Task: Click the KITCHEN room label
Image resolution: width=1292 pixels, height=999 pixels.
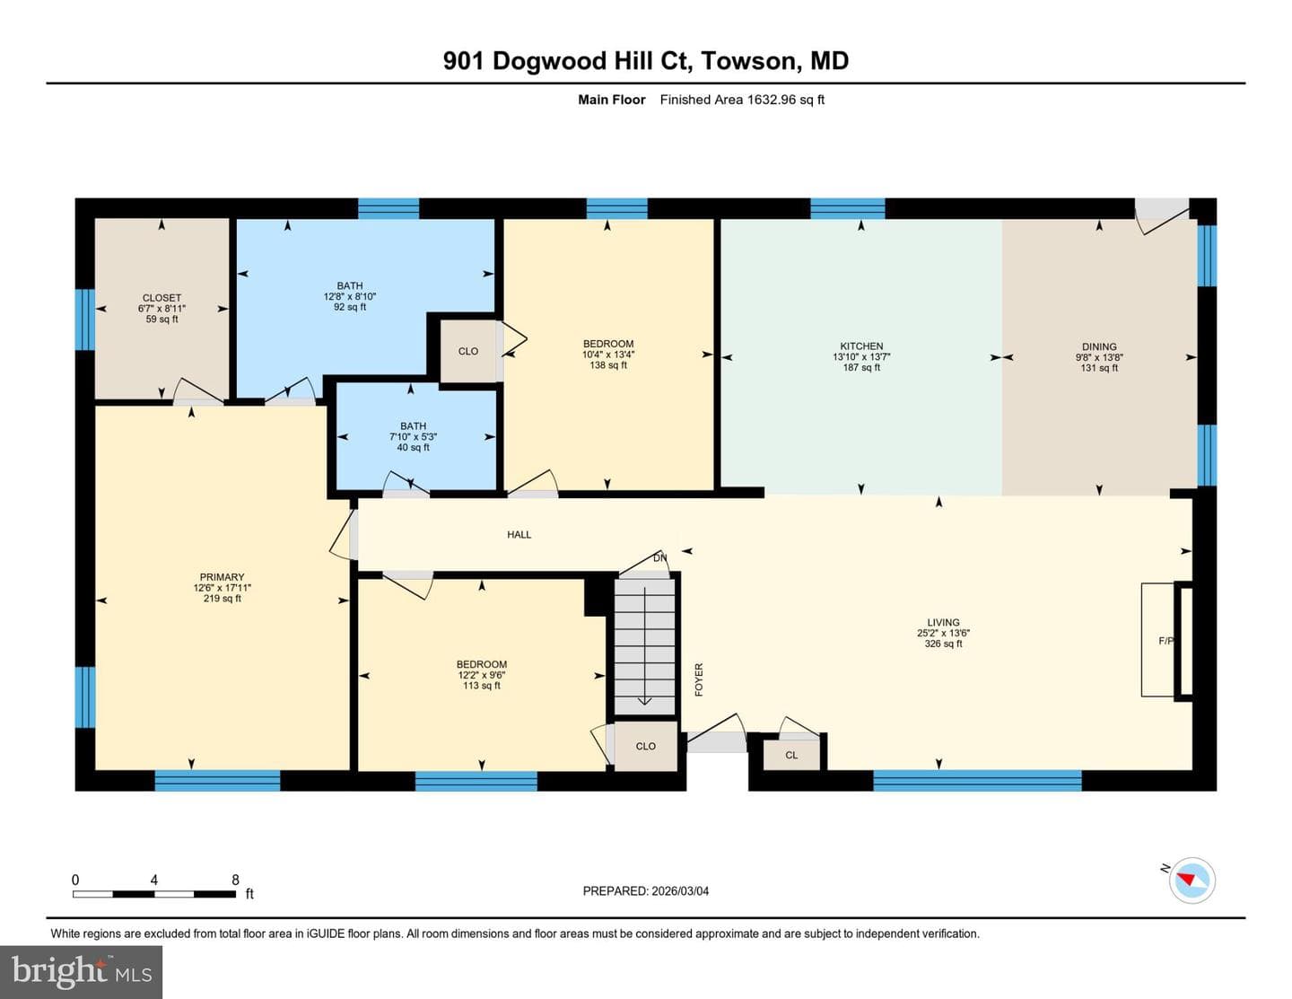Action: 861,346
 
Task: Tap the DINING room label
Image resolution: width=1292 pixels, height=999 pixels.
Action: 1099,346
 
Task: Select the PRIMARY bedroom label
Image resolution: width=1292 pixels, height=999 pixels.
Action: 222,577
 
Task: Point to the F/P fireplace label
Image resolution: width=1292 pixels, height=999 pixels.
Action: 1165,641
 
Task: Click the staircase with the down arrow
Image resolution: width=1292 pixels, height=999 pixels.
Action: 644,646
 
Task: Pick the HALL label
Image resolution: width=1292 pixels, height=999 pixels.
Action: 519,535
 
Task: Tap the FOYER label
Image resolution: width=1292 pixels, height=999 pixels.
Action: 699,679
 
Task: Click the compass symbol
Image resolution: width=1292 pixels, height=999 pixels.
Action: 1192,880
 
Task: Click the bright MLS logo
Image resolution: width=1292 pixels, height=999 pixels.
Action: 81,972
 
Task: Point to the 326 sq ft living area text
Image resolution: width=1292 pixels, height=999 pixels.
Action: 943,644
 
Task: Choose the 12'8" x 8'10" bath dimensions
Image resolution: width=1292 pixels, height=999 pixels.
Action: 350,297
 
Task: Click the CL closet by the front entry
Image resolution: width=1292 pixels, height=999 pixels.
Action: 790,755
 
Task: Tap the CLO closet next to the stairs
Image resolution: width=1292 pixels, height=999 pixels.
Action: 645,746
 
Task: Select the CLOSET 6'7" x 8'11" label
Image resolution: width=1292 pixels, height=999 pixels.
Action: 161,308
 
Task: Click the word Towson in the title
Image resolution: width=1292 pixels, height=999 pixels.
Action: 748,61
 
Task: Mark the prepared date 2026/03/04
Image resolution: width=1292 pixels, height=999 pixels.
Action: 680,891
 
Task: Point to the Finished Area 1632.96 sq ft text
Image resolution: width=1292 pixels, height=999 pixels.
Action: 742,100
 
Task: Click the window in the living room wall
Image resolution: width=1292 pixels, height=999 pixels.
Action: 977,780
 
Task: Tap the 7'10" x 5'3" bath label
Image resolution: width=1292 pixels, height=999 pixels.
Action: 414,437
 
